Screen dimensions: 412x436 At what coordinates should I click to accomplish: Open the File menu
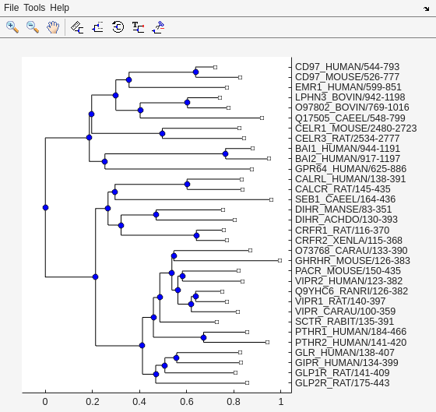11,7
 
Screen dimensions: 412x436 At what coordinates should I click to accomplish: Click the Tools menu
34,7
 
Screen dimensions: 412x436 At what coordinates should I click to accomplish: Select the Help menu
59,7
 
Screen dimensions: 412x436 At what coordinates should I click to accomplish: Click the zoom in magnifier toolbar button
12,26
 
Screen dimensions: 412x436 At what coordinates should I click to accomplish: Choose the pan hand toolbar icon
53,26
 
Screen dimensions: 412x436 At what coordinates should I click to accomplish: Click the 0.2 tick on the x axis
93,402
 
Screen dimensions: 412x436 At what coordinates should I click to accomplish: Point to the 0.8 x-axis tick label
234,402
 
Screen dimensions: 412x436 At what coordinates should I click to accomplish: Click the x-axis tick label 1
280,402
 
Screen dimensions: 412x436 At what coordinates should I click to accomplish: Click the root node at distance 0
45,207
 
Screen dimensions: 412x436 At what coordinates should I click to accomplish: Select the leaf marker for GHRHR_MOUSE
280,260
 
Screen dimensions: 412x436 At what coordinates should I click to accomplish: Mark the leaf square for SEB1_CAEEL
271,199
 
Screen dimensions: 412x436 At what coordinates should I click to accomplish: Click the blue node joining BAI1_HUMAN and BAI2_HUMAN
225,153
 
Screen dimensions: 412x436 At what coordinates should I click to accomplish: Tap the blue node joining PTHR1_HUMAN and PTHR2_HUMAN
204,337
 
